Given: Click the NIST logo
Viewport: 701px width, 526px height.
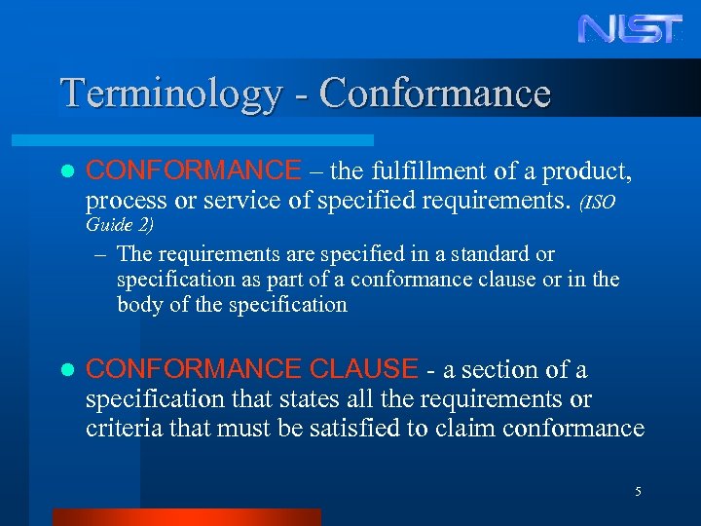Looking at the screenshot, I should click(x=631, y=28).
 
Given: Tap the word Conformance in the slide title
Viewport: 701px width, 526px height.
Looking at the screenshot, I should click(x=434, y=94).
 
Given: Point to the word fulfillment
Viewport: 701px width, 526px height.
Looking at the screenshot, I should click(x=427, y=172).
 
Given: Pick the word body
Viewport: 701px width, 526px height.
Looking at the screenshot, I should click(x=140, y=304).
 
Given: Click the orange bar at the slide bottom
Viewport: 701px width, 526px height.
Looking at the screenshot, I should click(x=186, y=517).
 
